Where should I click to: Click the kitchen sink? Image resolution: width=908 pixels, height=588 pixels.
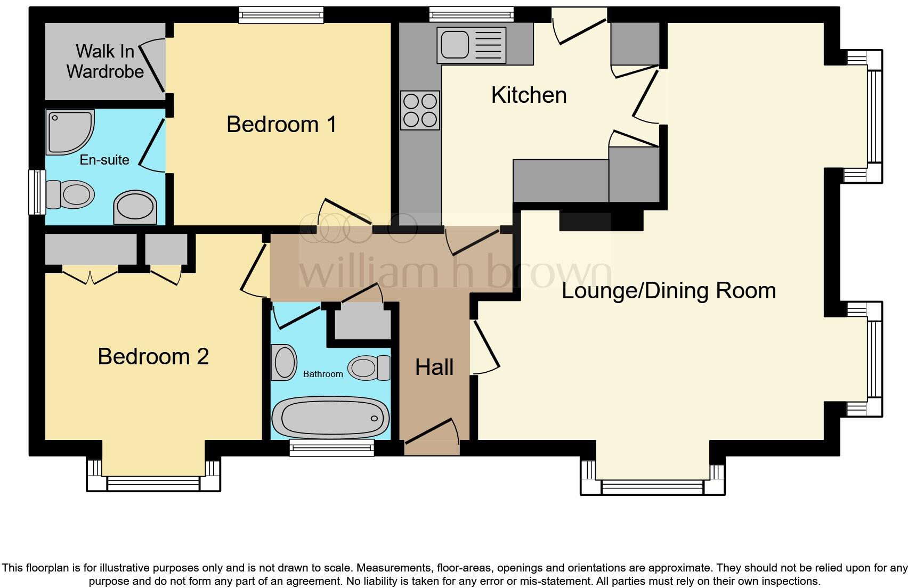(471, 45)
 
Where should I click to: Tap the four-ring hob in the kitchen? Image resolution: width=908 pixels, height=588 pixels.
(420, 110)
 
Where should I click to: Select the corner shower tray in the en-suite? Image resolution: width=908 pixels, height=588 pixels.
(68, 132)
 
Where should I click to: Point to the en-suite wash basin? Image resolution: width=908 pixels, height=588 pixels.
(135, 207)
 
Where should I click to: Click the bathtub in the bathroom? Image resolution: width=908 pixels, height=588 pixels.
(330, 418)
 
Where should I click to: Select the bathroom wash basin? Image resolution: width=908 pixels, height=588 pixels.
(284, 362)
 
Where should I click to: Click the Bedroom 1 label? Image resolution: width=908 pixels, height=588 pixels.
(281, 124)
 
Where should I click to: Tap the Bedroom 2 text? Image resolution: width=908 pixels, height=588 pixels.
(153, 356)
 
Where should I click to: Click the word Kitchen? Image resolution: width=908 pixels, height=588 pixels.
(529, 95)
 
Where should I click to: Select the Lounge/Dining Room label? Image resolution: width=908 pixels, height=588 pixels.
(668, 291)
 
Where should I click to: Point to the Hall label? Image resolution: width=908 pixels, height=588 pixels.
(434, 367)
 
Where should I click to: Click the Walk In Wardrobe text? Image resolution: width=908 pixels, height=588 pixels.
(105, 61)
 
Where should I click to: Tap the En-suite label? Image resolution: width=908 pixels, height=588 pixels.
(104, 160)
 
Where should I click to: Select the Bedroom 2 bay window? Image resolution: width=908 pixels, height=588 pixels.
(153, 483)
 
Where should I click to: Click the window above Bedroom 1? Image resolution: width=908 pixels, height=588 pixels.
(281, 14)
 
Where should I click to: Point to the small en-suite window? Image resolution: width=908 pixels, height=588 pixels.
(37, 192)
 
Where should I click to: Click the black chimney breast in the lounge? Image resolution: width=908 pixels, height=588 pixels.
(601, 220)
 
